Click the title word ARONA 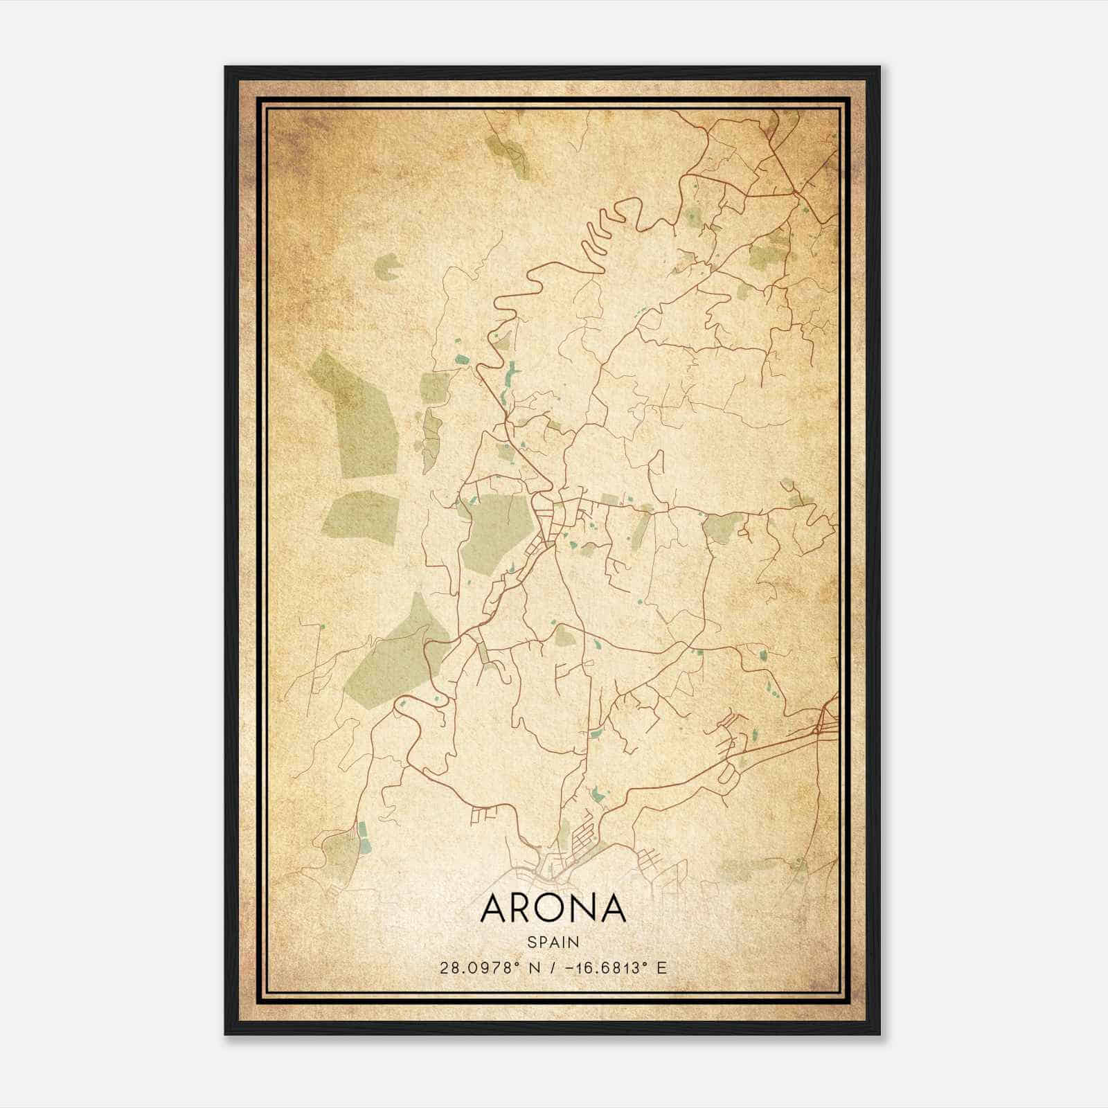point(553,909)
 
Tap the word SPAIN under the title point(553,942)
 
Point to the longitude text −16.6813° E point(615,967)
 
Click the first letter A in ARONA point(494,909)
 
